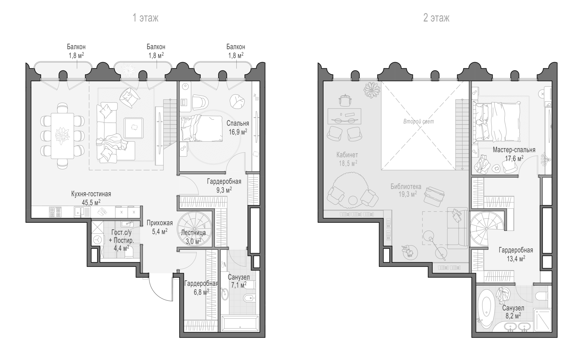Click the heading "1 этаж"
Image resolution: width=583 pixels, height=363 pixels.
click(145, 18)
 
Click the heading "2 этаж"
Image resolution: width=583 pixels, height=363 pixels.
click(436, 18)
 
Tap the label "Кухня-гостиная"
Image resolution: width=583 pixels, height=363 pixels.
click(91, 194)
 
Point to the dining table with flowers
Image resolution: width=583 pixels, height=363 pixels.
click(62, 136)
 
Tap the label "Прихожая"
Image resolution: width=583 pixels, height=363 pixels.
click(160, 223)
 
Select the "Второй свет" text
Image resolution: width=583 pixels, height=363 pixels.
click(419, 121)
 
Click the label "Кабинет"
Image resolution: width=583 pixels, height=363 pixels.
click(347, 155)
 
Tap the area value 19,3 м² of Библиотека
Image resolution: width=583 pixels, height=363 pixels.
click(408, 194)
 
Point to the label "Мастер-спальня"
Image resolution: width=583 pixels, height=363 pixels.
click(514, 150)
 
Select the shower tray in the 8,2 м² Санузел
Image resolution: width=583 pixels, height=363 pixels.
click(542, 320)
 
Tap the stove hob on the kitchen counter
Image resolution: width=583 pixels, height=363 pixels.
click(55, 212)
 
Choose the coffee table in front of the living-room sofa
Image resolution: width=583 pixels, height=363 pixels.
click(134, 128)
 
